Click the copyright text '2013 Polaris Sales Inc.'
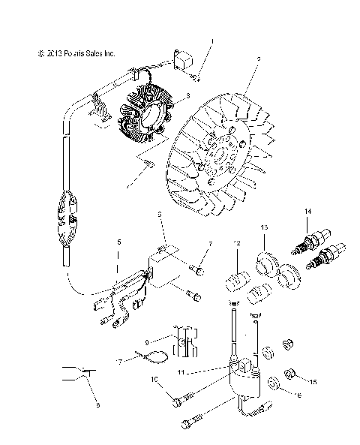(x=76, y=54)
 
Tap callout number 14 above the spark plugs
(x=306, y=212)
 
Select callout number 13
(x=264, y=226)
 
